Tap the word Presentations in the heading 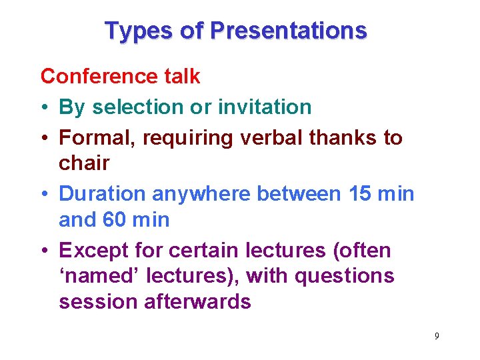[x=288, y=31]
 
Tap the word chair [x=84, y=163]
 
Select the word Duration [x=103, y=194]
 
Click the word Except [x=93, y=251]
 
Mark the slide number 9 [x=437, y=336]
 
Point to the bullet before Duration [x=45, y=195]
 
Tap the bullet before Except [x=45, y=251]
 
